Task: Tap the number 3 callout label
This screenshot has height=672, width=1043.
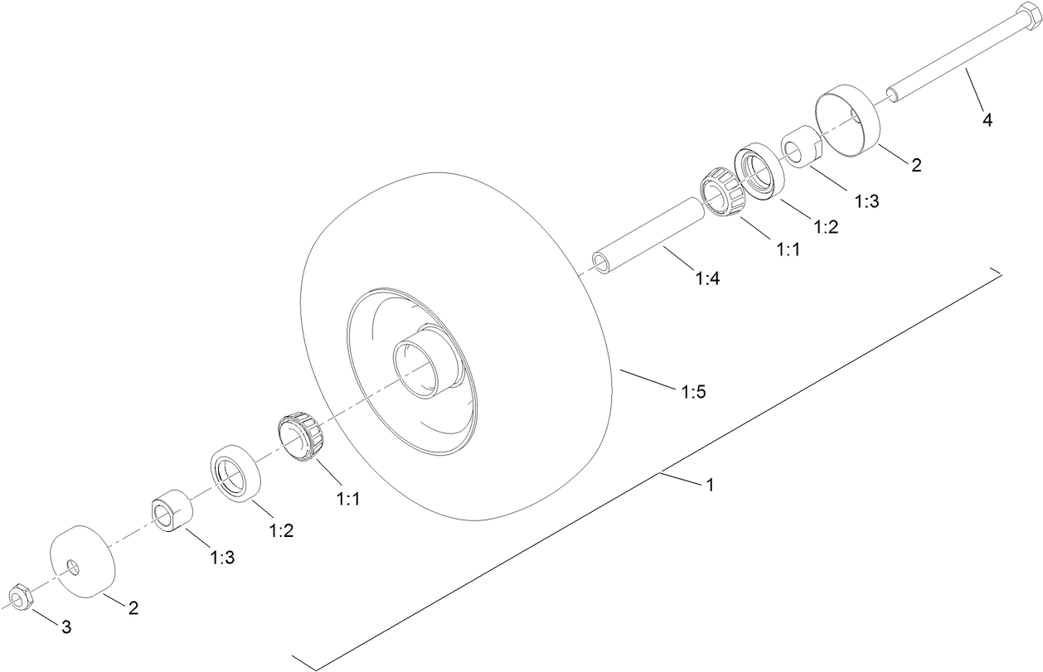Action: pos(66,627)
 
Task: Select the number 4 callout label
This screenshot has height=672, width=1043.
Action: pos(987,120)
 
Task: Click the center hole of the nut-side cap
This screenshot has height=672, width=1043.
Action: pos(73,566)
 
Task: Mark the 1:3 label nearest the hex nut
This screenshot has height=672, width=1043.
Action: pos(221,558)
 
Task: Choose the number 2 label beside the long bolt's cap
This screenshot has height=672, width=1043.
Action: pos(916,166)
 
